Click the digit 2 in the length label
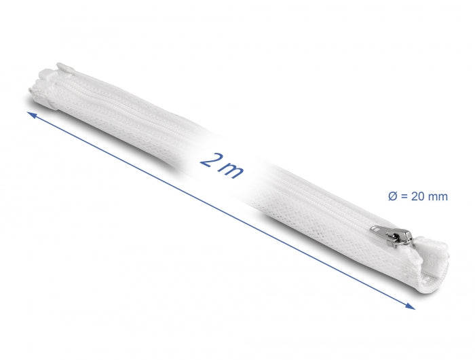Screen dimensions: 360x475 pos(209,160)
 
